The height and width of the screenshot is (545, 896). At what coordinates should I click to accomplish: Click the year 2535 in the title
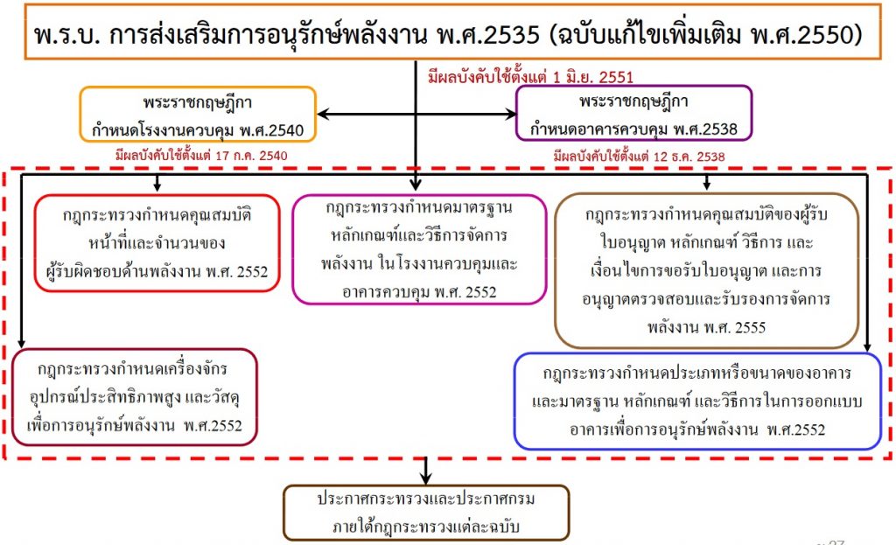(x=511, y=35)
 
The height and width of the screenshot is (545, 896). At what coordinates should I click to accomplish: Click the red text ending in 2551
(x=530, y=76)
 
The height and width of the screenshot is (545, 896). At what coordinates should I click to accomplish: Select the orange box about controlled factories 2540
(x=198, y=115)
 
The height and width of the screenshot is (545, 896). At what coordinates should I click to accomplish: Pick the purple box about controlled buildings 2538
(x=633, y=113)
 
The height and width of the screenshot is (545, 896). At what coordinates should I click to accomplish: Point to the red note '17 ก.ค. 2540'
(x=201, y=155)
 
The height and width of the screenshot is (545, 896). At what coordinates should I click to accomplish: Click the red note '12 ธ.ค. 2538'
(x=639, y=156)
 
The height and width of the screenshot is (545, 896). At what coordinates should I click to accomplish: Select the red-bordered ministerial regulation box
(x=157, y=243)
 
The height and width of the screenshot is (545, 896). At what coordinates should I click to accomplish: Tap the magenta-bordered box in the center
(x=419, y=249)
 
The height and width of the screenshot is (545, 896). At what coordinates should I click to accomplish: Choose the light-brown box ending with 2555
(x=707, y=270)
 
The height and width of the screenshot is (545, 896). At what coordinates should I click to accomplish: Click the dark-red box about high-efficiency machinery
(x=134, y=397)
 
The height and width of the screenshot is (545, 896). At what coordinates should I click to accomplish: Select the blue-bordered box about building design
(x=697, y=401)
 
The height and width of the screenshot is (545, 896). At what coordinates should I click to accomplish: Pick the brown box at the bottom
(x=426, y=513)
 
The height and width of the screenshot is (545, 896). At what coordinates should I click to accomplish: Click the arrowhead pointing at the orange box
(x=323, y=115)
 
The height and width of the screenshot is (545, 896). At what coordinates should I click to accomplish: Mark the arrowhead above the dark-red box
(x=21, y=343)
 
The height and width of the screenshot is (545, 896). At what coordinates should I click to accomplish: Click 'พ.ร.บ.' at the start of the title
(x=66, y=35)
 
